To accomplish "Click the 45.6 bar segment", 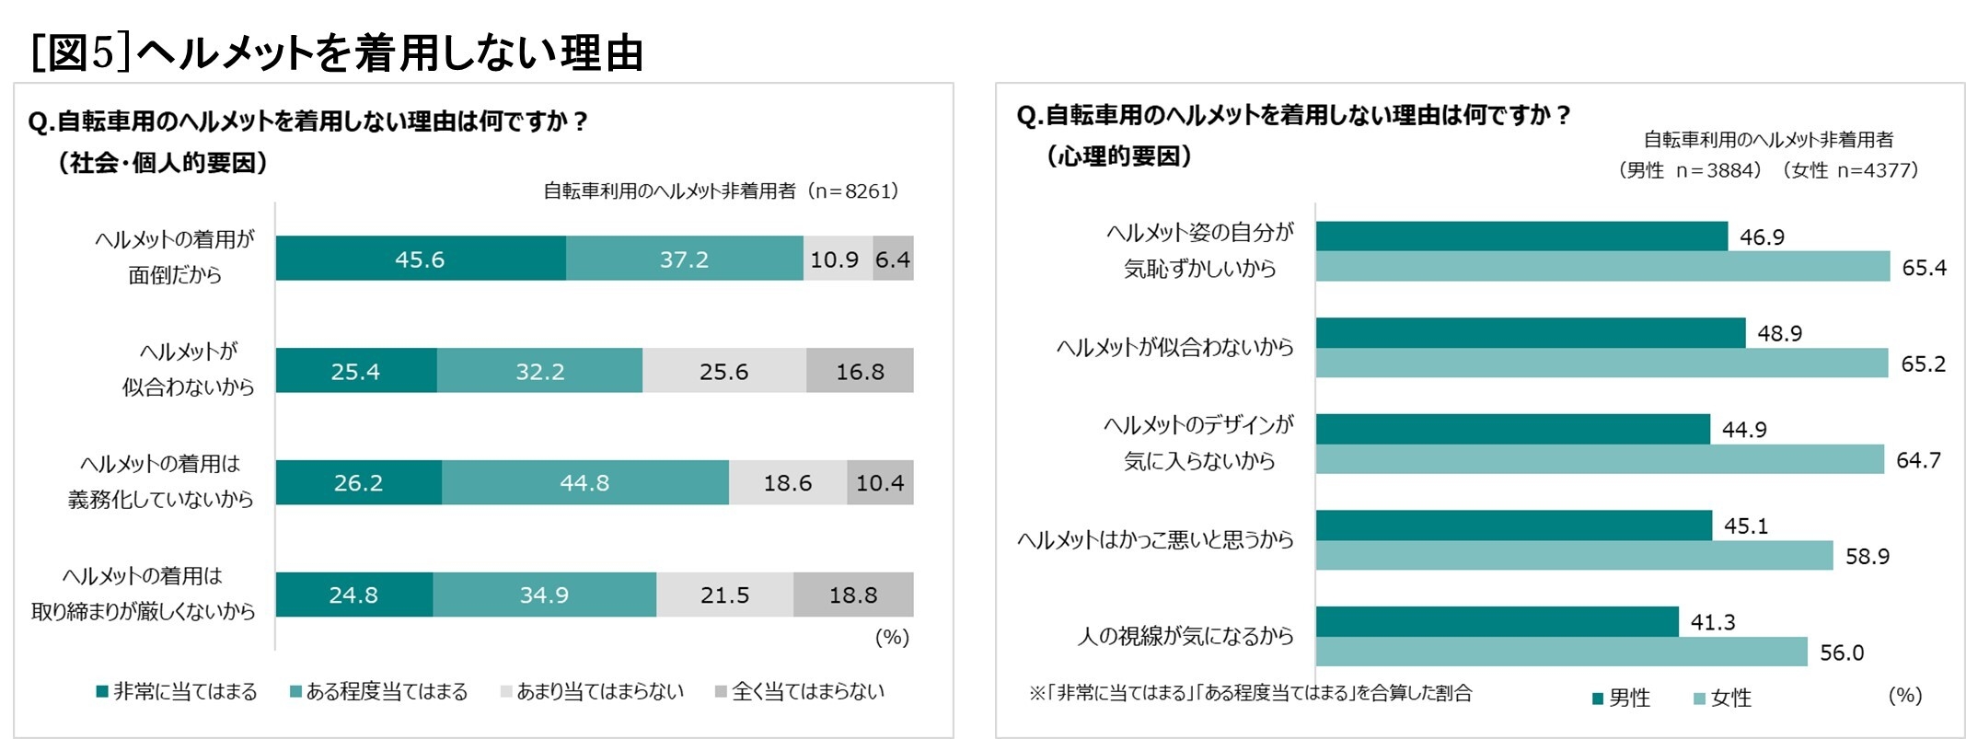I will [x=420, y=259].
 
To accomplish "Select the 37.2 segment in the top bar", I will [x=684, y=259].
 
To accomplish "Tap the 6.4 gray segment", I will [x=893, y=259].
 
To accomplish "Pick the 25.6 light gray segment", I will [x=724, y=371].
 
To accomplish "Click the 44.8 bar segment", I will [x=584, y=482].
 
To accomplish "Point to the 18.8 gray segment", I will [x=853, y=595].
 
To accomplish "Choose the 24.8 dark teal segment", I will [x=353, y=595].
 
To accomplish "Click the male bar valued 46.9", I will [x=1521, y=237].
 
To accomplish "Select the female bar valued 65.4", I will [x=1602, y=267].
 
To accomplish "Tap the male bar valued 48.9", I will [x=1530, y=333].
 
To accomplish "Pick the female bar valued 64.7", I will [x=1599, y=459].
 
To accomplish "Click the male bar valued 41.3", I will [x=1497, y=621].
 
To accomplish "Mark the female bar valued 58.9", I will [x=1574, y=556].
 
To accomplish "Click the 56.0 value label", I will [x=1841, y=652].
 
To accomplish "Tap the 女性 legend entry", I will [x=1722, y=699].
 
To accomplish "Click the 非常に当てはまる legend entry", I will [x=177, y=692].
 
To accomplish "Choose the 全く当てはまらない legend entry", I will [x=799, y=692].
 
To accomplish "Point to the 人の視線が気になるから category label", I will [x=1185, y=636].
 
